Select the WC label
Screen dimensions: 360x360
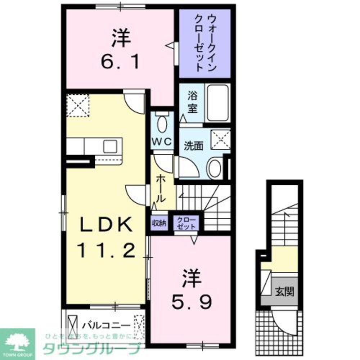(162, 141)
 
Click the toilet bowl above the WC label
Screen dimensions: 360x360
(162, 124)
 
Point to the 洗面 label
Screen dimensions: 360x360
(193, 145)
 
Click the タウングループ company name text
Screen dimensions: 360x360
(91, 349)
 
